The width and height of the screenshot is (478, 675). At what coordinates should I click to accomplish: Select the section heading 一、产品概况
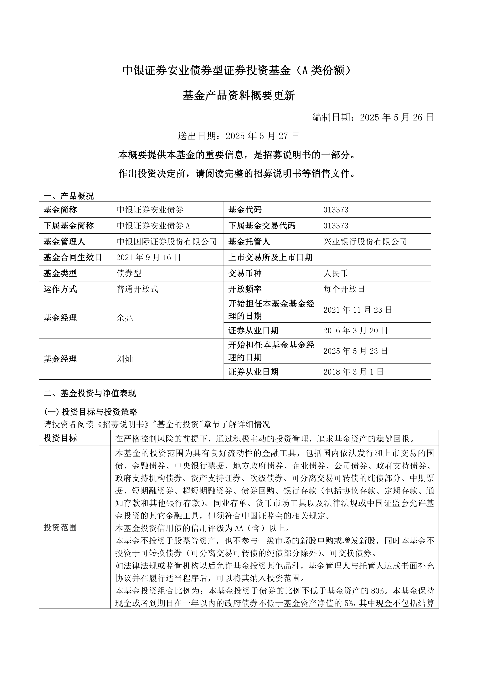pyautogui.click(x=69, y=196)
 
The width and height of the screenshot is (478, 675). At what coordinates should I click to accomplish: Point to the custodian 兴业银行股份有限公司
pyautogui.click(x=365, y=242)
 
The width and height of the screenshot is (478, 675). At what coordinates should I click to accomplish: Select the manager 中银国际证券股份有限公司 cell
pyautogui.click(x=167, y=242)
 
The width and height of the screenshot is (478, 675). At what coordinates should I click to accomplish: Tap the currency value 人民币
pyautogui.click(x=336, y=274)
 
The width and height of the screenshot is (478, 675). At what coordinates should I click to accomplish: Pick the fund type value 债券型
pyautogui.click(x=129, y=274)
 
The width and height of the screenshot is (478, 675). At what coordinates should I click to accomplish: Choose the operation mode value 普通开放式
pyautogui.click(x=137, y=290)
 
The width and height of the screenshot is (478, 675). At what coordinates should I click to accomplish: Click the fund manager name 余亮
pyautogui.click(x=125, y=318)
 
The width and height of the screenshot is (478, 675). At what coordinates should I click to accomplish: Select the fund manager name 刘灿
pyautogui.click(x=125, y=359)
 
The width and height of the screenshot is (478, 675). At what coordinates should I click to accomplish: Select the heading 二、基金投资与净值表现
pyautogui.click(x=90, y=394)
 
